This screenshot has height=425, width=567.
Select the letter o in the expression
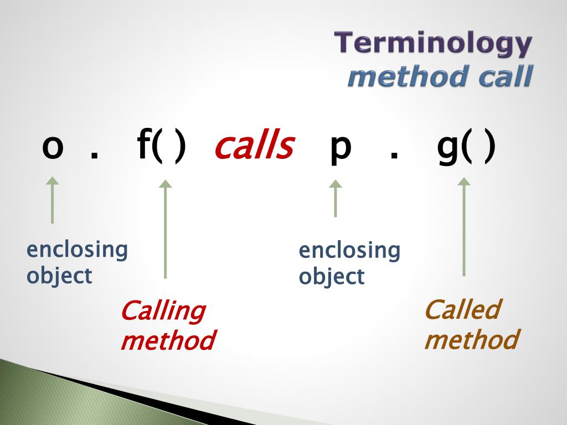(x=53, y=148)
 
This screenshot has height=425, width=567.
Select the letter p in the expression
(x=341, y=149)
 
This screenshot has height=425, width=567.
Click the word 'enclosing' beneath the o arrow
(x=77, y=250)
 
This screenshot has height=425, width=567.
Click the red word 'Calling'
(x=163, y=312)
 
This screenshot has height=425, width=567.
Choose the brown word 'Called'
(x=462, y=310)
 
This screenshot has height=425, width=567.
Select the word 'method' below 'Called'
(x=471, y=339)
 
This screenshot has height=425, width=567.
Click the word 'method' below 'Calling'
(x=167, y=340)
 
